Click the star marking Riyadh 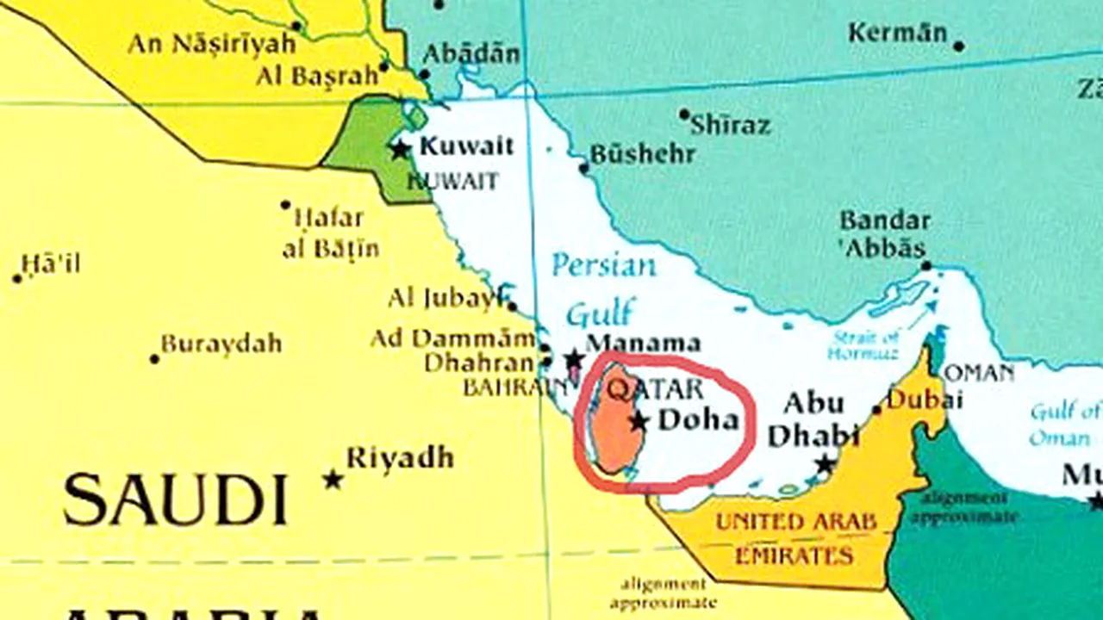333,479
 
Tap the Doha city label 699,421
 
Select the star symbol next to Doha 639,421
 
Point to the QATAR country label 656,389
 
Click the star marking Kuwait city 400,149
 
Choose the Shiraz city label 731,126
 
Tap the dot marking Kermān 959,46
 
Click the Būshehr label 642,154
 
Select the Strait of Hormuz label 864,344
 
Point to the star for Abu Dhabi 825,465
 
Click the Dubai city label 925,400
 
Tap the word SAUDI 175,500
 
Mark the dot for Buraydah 155,359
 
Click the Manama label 643,343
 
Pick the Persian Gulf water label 602,288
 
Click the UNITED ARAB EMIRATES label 795,537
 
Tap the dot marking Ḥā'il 17,278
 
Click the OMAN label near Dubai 980,373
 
